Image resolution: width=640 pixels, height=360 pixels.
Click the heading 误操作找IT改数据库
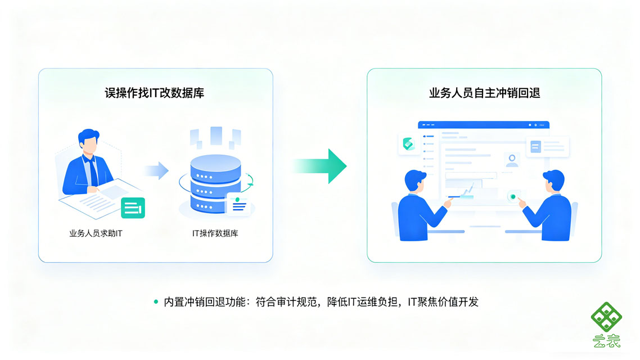click(154, 93)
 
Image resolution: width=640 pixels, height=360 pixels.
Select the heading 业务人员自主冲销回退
click(484, 93)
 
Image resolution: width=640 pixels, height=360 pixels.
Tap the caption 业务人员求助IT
click(96, 233)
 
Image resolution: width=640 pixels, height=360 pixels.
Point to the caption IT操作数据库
click(215, 233)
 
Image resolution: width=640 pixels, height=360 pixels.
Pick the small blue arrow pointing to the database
click(156, 170)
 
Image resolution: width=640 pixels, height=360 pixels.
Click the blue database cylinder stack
click(215, 184)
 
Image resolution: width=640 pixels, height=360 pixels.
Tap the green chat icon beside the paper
click(133, 208)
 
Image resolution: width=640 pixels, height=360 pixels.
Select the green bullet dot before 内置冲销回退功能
click(156, 302)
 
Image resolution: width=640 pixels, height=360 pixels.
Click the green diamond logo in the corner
click(606, 317)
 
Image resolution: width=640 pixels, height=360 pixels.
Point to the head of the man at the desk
click(88, 141)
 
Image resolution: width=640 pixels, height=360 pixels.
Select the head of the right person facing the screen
click(554, 181)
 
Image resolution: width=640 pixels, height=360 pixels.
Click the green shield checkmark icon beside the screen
click(408, 143)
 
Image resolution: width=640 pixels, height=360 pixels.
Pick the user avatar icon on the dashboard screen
click(512, 160)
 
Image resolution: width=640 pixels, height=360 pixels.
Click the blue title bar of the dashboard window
click(484, 125)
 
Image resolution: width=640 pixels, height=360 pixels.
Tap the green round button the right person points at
click(513, 197)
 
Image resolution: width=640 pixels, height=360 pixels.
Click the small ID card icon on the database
click(237, 204)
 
